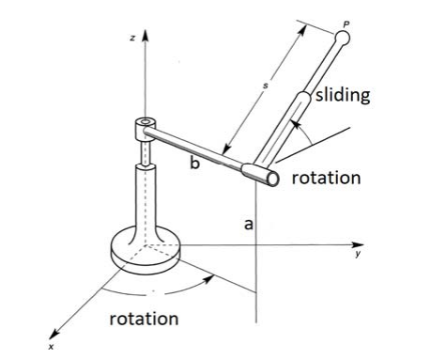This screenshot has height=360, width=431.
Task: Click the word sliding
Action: tap(342, 95)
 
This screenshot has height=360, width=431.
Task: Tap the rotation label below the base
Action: tap(144, 318)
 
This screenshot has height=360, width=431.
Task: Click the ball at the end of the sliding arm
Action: tap(343, 39)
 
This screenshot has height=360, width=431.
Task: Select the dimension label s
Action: tap(266, 86)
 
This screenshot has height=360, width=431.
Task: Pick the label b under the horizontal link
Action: tap(194, 164)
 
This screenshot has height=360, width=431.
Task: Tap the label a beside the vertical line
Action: tap(247, 225)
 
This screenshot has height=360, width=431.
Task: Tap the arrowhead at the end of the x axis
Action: tap(58, 331)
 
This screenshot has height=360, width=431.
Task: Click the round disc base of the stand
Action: tap(145, 248)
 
